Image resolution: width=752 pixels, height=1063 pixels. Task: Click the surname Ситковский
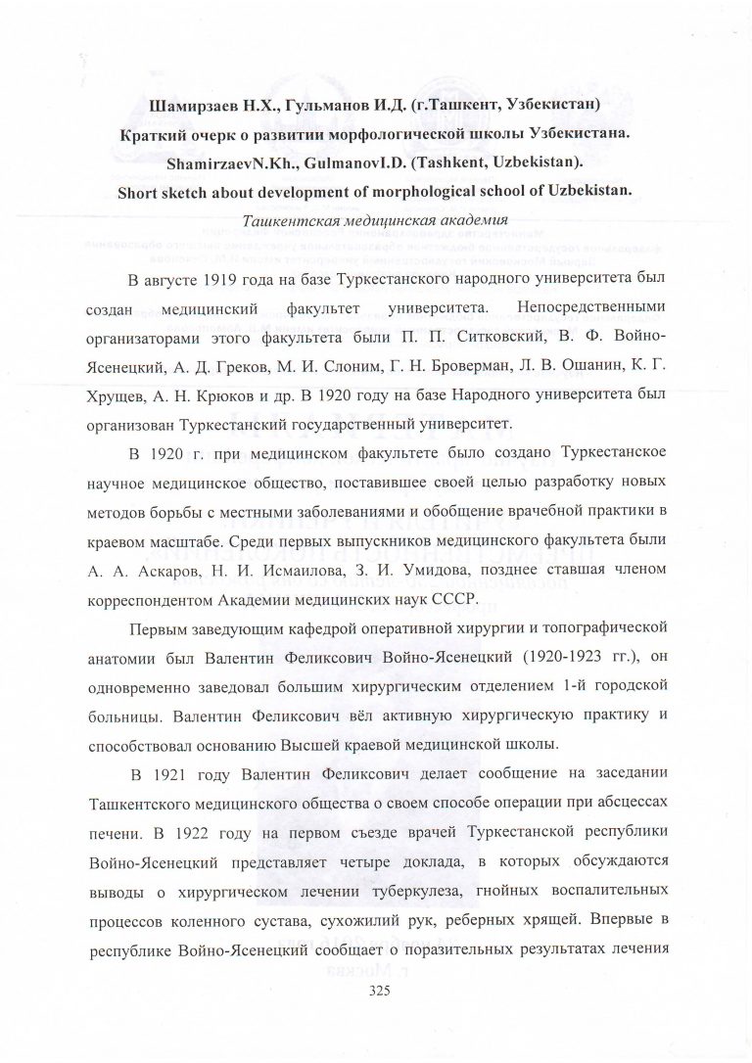pos(474,345)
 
